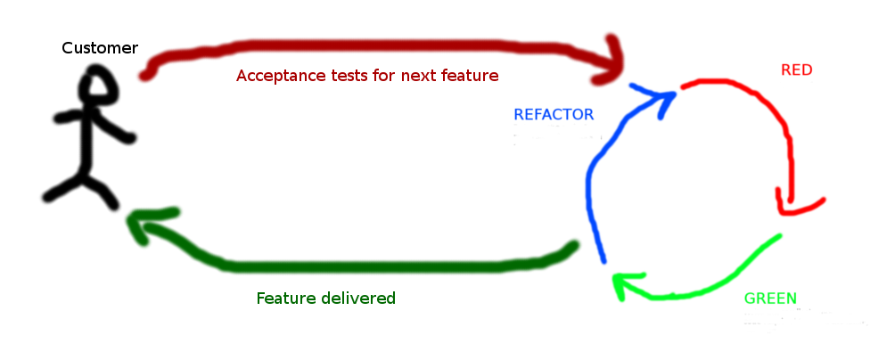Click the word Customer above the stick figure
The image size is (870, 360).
(x=100, y=48)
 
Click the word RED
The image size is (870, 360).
(x=796, y=70)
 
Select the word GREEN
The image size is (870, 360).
(x=770, y=299)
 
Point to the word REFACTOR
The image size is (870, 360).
(x=554, y=114)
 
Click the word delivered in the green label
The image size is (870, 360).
(x=357, y=299)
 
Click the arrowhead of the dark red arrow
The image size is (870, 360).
(x=615, y=61)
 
